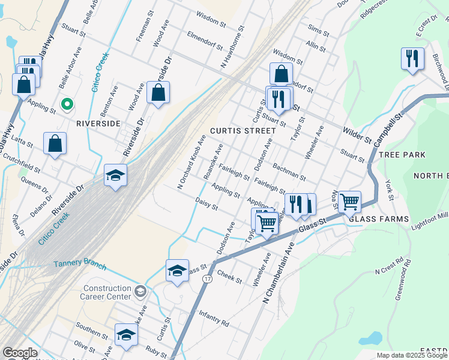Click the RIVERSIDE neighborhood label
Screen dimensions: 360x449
98,123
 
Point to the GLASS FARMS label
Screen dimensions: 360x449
379,219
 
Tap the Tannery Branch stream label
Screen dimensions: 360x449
80,265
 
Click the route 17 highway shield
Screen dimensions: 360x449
207,279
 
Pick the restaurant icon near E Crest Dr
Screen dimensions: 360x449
412,58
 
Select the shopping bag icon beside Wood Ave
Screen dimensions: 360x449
158,92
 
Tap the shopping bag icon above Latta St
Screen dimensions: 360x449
55,143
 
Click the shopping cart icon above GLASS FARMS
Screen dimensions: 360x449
349,202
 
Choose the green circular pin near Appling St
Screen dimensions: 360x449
68,104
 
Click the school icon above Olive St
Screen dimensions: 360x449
126,334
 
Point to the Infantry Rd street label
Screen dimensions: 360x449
214,319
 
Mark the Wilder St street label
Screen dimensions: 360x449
357,135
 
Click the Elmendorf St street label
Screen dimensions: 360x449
205,40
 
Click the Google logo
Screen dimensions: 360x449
20,353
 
